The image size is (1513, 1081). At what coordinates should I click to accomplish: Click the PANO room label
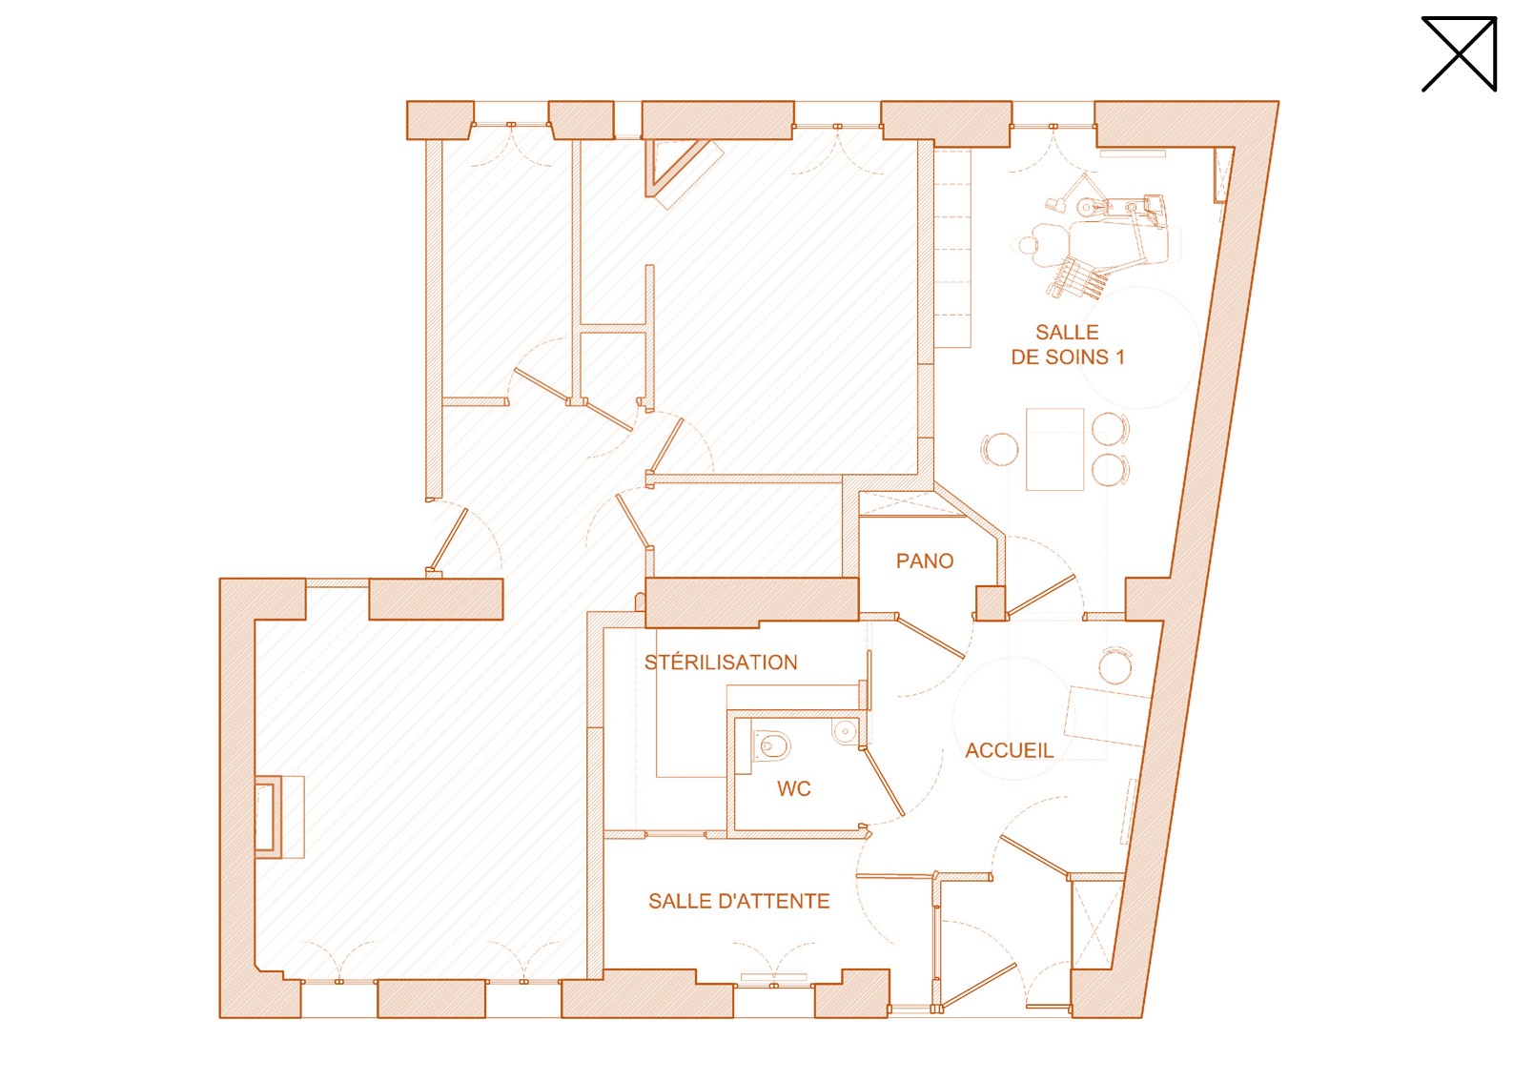(924, 561)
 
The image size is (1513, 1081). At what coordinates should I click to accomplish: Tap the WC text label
(793, 788)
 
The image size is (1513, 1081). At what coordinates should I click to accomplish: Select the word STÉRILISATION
(721, 663)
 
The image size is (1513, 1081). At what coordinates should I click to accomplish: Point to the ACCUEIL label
(1009, 750)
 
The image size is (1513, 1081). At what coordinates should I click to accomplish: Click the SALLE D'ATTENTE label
(739, 902)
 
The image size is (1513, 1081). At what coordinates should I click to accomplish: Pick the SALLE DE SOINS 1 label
(1067, 344)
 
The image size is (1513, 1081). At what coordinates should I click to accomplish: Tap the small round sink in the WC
(845, 730)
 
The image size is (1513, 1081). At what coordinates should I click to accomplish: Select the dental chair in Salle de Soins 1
(1097, 239)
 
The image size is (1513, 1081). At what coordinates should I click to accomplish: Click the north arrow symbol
(1459, 54)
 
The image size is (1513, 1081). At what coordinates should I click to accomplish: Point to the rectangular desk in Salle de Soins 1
(1054, 449)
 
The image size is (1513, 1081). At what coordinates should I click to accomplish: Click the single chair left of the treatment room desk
(1000, 449)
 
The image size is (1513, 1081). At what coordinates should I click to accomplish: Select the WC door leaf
(883, 782)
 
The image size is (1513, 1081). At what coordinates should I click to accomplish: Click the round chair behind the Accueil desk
(1115, 665)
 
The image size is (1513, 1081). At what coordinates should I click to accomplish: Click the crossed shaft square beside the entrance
(1094, 925)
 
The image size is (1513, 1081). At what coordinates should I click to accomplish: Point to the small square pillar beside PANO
(991, 602)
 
